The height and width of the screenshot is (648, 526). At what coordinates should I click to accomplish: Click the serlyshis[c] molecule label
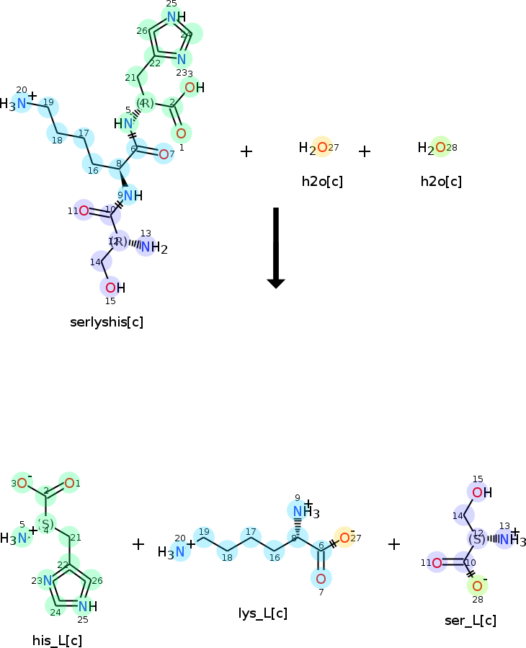click(x=107, y=321)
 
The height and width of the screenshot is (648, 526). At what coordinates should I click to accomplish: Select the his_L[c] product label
click(x=57, y=640)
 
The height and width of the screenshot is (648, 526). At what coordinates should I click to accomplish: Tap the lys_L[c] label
click(x=263, y=613)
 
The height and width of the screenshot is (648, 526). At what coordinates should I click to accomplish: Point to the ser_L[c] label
click(x=471, y=620)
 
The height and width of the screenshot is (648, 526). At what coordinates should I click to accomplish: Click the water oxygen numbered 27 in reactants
click(x=321, y=147)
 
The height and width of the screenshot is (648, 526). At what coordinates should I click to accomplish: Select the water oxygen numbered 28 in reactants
click(x=440, y=147)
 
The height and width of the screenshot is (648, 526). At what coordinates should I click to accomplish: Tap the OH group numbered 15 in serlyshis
click(x=111, y=288)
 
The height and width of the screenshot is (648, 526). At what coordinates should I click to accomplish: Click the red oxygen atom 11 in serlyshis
click(x=84, y=210)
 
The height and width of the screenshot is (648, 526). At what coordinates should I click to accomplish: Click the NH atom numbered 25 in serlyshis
click(x=173, y=17)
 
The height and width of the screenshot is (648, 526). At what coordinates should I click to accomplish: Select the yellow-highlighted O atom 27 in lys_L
click(x=345, y=537)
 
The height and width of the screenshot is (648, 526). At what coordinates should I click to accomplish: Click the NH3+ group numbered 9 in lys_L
click(x=302, y=511)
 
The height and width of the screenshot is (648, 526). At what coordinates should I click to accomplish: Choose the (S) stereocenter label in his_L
click(x=46, y=523)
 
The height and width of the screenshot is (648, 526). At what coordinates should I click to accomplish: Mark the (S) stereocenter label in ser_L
click(x=477, y=538)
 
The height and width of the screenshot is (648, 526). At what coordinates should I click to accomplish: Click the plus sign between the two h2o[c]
click(x=365, y=151)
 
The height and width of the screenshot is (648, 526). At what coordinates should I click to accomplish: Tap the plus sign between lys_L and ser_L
click(x=394, y=544)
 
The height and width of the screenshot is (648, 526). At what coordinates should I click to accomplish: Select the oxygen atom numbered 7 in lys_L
click(x=321, y=578)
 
